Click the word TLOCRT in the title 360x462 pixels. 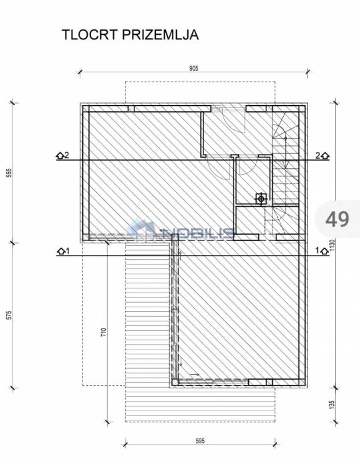tap(90, 35)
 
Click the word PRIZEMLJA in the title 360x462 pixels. tap(160, 35)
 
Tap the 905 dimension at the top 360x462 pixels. tap(193, 68)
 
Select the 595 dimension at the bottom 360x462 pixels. tap(200, 441)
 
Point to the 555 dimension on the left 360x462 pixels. tap(9, 173)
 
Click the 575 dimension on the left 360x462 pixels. tap(9, 315)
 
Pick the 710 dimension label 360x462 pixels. tap(103, 333)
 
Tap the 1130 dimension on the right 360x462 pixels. tap(333, 245)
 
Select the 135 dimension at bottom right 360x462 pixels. tap(332, 404)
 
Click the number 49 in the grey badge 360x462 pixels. tap(337, 219)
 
